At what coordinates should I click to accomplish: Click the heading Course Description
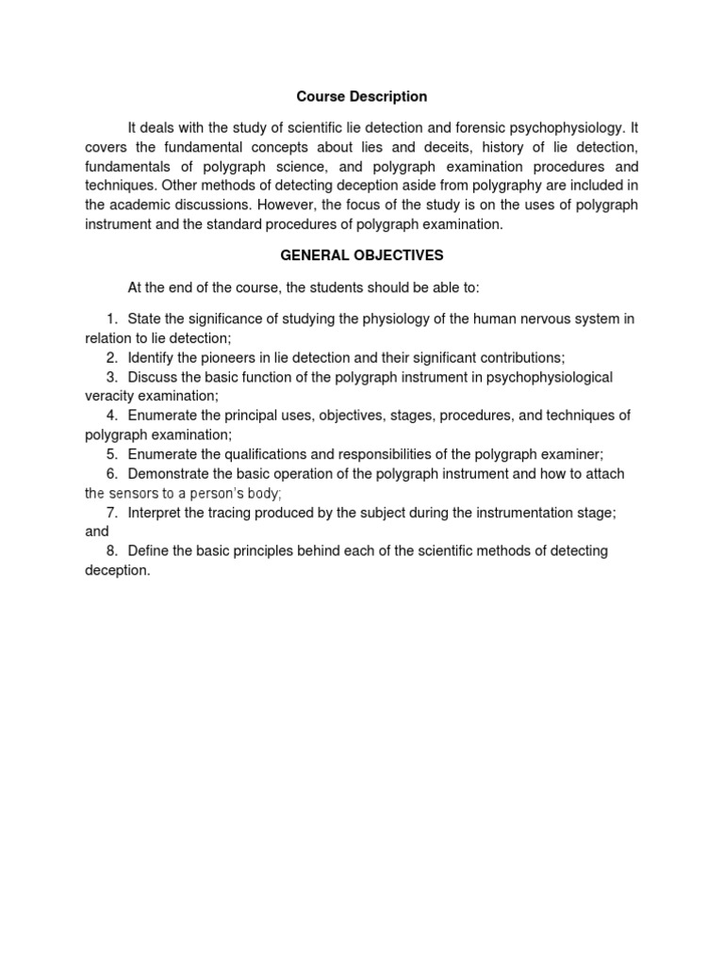(x=362, y=96)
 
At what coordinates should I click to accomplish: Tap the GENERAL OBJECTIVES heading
(x=362, y=255)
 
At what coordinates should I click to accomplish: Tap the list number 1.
(x=111, y=319)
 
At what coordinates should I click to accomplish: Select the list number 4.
(x=111, y=416)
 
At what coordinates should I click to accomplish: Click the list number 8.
(x=111, y=550)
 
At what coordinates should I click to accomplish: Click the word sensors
(x=132, y=493)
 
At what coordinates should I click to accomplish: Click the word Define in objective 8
(x=148, y=550)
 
